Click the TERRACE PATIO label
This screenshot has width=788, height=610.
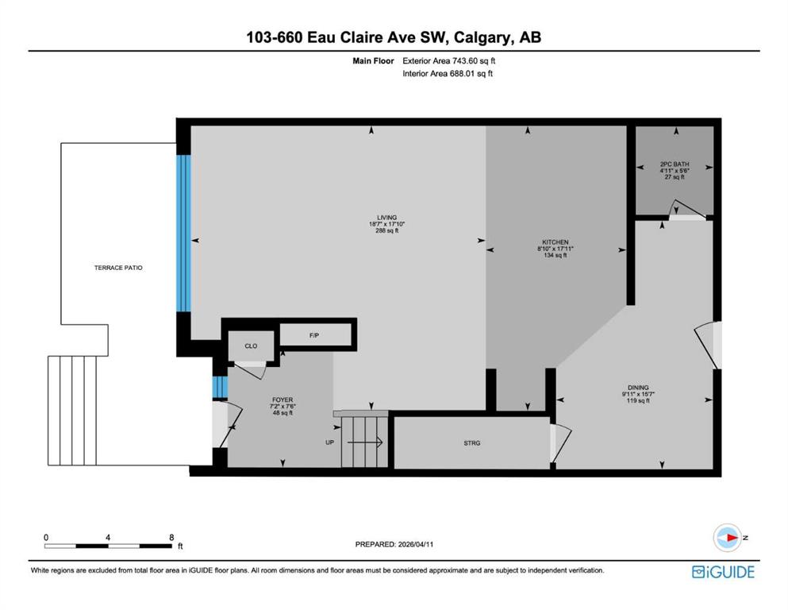point(118,268)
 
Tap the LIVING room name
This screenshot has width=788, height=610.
point(387,218)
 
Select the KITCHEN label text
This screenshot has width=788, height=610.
point(555,242)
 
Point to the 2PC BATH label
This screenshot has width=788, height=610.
point(675,164)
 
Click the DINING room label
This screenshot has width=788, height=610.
point(638,388)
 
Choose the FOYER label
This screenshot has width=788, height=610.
point(283,400)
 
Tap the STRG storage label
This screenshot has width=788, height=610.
point(472,443)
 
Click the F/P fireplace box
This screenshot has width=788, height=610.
point(315,335)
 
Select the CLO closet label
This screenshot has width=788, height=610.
point(251,346)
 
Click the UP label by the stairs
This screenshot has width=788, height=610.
point(329,442)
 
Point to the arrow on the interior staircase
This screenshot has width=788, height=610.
point(365,442)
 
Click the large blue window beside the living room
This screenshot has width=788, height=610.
point(184,233)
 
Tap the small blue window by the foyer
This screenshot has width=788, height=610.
point(220,387)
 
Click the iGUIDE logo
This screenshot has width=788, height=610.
point(723,573)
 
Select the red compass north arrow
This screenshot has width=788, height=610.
point(732,538)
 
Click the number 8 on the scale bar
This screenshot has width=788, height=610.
point(171,537)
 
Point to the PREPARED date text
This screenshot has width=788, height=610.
point(394,544)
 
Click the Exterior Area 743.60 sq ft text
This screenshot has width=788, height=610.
point(449,61)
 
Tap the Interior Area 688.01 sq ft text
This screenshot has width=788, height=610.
point(448,73)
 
